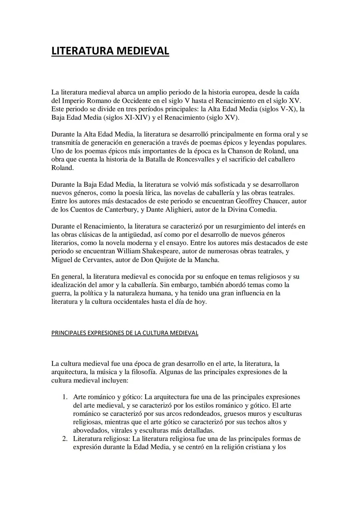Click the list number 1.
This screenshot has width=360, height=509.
pos(65,397)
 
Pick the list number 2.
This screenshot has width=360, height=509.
pos(65,439)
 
